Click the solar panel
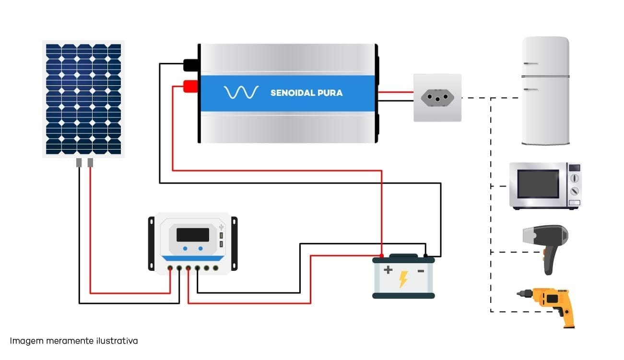pyautogui.click(x=83, y=99)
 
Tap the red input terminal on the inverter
pyautogui.click(x=190, y=86)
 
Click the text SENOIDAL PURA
pyautogui.click(x=306, y=93)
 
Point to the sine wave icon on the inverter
pyautogui.click(x=241, y=93)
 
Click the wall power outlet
pyautogui.click(x=437, y=97)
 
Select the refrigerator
pyautogui.click(x=545, y=91)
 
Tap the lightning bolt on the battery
pyautogui.click(x=403, y=279)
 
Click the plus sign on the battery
pyautogui.click(x=388, y=270)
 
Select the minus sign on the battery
pyautogui.click(x=421, y=271)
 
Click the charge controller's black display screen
pyautogui.click(x=193, y=234)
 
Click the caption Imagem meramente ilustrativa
pyautogui.click(x=74, y=341)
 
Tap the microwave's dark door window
pyautogui.click(x=538, y=184)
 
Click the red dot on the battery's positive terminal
pyautogui.click(x=381, y=255)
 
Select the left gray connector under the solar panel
pyautogui.click(x=79, y=163)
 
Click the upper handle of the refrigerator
pyautogui.click(x=530, y=64)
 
